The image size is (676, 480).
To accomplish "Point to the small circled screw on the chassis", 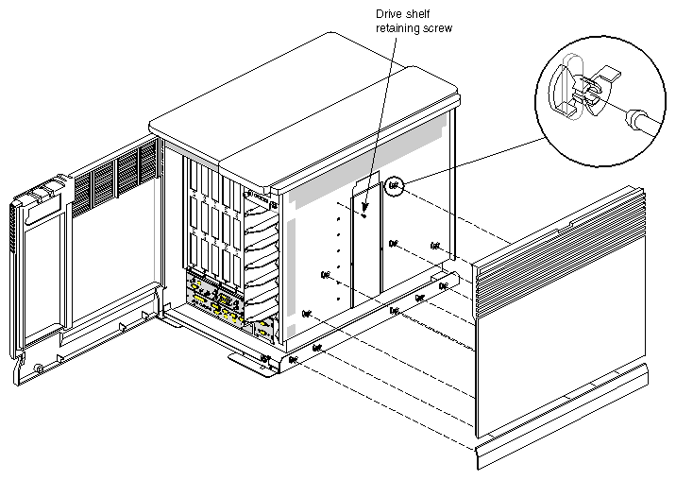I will click(x=394, y=186).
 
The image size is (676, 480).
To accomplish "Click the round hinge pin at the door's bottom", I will click(x=37, y=367).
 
